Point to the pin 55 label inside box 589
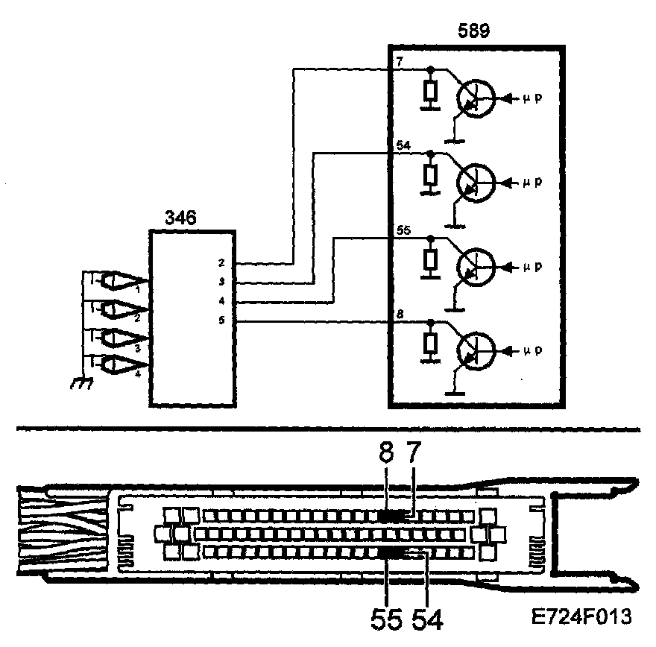[x=404, y=232]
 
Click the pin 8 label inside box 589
[x=400, y=316]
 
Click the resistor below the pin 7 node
[x=429, y=92]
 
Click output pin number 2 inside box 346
[x=221, y=263]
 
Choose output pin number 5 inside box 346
[x=221, y=321]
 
